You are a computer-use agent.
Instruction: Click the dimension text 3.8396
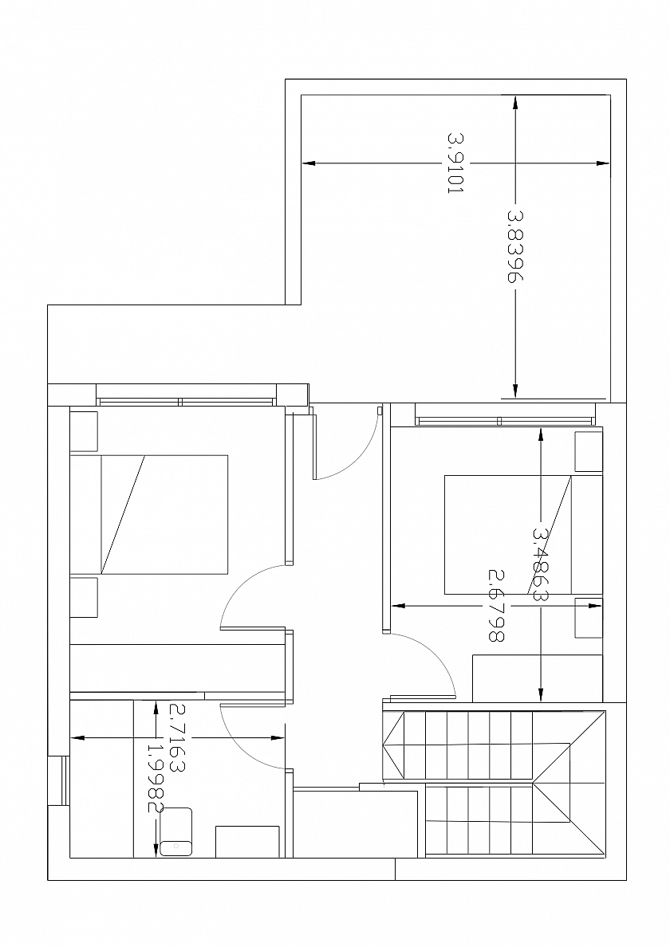(514, 246)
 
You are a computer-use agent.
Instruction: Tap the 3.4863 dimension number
(541, 564)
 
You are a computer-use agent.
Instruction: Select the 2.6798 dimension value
(496, 604)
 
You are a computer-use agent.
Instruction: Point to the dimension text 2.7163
(178, 737)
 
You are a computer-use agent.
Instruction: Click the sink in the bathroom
(175, 831)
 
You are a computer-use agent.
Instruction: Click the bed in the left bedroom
(148, 514)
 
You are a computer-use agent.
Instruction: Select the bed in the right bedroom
(523, 535)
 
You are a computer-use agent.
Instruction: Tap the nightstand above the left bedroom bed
(84, 431)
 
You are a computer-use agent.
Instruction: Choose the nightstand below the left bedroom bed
(84, 597)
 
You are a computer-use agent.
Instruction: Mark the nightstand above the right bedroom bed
(589, 451)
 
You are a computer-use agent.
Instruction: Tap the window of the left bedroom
(186, 402)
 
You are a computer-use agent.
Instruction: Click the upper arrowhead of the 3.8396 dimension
(514, 103)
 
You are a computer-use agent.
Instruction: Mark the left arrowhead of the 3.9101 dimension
(309, 163)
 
